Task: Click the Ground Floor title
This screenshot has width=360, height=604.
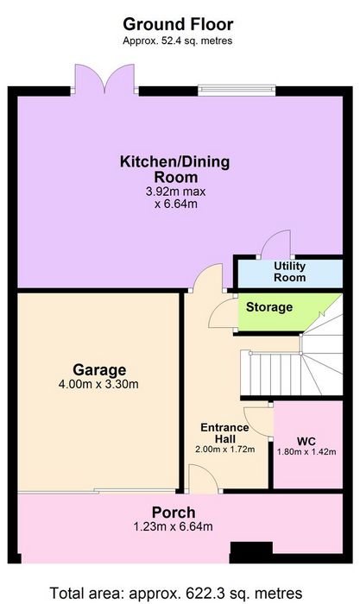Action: pos(178,24)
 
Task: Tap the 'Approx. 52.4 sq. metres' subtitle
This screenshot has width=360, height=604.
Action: pos(177,41)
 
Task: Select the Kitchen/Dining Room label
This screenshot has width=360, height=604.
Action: pos(175,169)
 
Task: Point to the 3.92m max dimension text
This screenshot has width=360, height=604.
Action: pos(176,192)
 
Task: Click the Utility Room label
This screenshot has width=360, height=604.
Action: pos(290,272)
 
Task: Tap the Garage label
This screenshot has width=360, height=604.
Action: pos(99,370)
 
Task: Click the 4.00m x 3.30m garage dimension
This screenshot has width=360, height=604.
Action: pos(98,384)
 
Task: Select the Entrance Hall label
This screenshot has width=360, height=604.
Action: pos(224,433)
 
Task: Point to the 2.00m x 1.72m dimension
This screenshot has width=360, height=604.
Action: pos(225,450)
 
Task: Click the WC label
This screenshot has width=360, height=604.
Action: pos(306,442)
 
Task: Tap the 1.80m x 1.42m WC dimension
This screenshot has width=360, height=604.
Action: pos(306,452)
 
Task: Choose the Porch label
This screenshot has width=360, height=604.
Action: pos(174,513)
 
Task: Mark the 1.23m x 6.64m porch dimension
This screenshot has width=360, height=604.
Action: pos(173,526)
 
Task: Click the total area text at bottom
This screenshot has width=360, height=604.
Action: pos(176,593)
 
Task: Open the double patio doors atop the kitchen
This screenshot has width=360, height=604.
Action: pos(104,79)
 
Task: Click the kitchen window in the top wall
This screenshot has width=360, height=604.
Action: pos(237,90)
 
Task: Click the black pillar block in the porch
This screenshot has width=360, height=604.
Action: pos(251,552)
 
